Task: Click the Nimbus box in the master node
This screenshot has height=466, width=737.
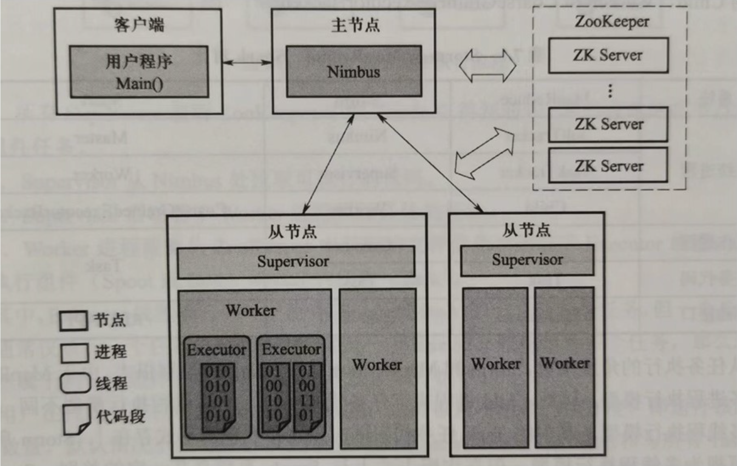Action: [354, 72]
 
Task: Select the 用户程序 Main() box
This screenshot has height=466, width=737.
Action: [139, 72]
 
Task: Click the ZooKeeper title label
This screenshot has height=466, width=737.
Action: [612, 22]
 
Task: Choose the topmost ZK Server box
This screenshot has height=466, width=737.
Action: [608, 55]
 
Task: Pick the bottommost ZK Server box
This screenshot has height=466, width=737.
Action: [608, 166]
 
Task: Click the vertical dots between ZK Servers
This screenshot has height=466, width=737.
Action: [609, 90]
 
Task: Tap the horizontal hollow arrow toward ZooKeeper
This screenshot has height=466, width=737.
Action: [488, 67]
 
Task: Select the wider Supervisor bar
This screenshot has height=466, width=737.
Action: [296, 262]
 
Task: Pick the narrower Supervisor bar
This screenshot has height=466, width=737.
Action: [527, 260]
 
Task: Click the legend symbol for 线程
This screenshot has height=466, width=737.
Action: [74, 383]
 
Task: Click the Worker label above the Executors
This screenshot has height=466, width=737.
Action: [251, 310]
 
